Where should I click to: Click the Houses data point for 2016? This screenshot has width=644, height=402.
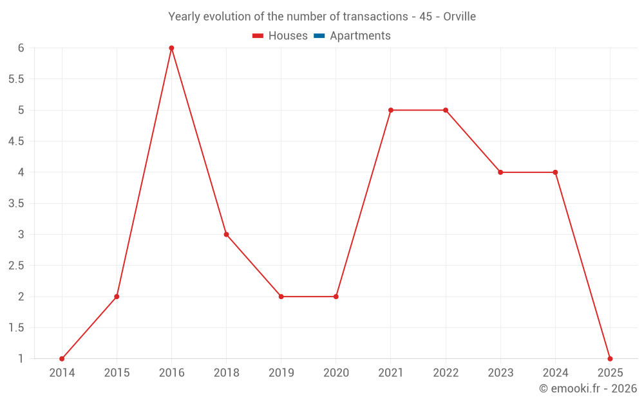pos(171,48)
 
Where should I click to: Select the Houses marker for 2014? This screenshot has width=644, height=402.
pos(62,359)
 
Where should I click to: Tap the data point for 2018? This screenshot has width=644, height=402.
pos(226,235)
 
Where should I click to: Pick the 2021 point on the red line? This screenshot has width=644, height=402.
pos(391,110)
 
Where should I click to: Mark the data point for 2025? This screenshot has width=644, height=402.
pos(610,359)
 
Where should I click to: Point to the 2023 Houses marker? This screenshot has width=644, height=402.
pos(500,172)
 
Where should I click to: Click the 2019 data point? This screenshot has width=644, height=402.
pos(281,297)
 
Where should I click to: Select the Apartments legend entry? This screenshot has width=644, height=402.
pos(360,36)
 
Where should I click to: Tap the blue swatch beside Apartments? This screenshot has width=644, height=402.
pos(319,36)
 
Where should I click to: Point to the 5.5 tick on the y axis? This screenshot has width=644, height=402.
pos(16,79)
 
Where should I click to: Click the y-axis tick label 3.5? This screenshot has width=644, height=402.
pos(16,203)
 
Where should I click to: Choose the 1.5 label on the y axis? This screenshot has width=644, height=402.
pos(16,328)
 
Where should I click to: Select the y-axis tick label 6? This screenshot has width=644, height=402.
pos(21,48)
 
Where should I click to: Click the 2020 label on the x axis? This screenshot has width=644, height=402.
pos(336,373)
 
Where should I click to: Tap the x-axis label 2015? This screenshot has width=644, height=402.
pos(117,373)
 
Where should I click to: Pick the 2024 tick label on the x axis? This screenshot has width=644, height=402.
pos(555,373)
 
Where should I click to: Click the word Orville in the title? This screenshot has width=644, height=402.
pos(460,17)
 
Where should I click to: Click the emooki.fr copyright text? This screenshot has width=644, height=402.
pos(588,388)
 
